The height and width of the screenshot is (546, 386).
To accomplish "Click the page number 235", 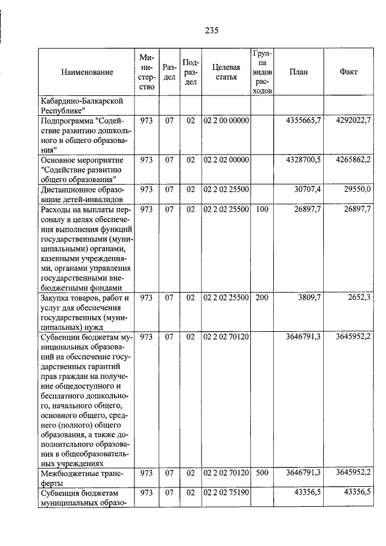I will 210,31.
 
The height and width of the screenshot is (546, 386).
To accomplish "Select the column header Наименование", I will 87,72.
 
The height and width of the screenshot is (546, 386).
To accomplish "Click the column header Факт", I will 348,72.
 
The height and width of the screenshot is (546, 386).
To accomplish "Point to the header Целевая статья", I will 226,72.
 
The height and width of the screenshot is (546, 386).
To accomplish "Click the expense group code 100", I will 262,209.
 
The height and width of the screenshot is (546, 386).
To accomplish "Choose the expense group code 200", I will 262,297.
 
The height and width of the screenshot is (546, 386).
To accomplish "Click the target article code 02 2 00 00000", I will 226,121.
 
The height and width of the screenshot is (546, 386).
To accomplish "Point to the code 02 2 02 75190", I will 226,493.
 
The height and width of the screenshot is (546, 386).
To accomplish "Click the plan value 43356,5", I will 306,493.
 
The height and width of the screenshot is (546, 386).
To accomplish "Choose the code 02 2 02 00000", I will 226,160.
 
